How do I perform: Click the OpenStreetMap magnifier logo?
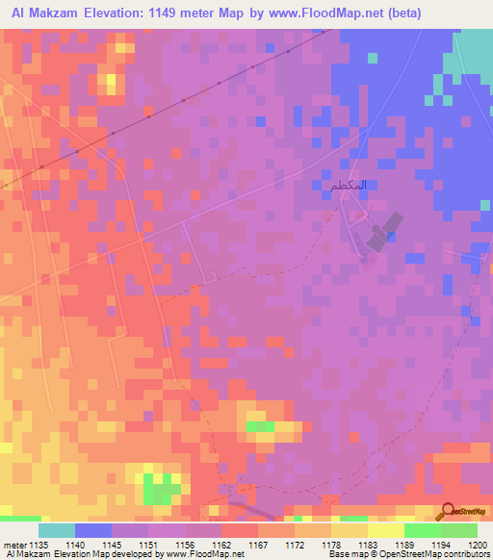pyautogui.click(x=449, y=512)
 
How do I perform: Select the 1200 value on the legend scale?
pyautogui.click(x=478, y=545)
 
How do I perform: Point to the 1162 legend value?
pyautogui.click(x=221, y=545)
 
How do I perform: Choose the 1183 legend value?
pyautogui.click(x=367, y=545)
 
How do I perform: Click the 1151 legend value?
pyautogui.click(x=148, y=545)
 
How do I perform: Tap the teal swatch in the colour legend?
pyautogui.click(x=57, y=530)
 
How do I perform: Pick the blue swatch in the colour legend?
pyautogui.click(x=93, y=530)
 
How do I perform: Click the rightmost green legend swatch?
pyautogui.click(x=459, y=530)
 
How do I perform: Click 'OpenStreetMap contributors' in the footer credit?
pyautogui.click(x=437, y=554)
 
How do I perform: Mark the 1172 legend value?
pyautogui.click(x=295, y=545)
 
